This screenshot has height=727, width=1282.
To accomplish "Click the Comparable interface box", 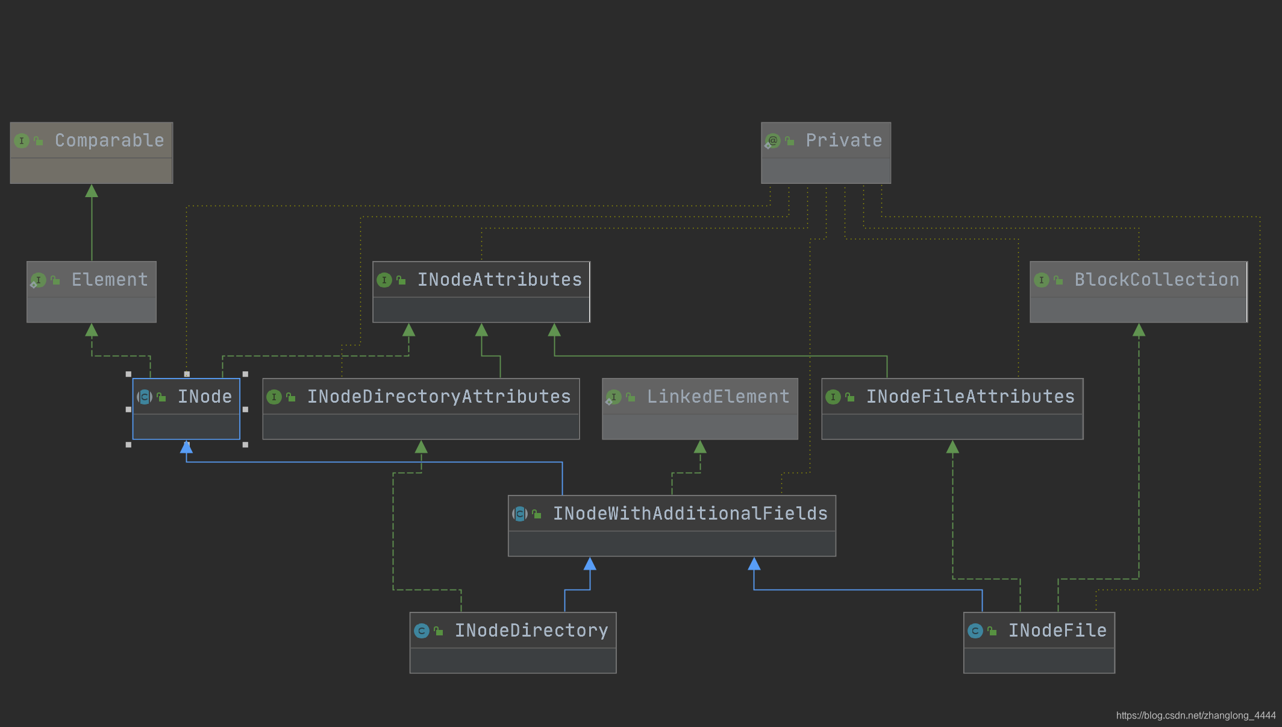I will (92, 153).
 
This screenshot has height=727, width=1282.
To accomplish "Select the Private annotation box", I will (825, 153).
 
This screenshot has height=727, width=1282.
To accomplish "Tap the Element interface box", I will (92, 292).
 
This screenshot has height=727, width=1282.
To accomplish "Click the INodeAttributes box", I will (481, 292).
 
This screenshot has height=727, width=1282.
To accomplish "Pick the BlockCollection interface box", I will (1138, 292).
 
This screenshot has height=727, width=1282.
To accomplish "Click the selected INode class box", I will (186, 409).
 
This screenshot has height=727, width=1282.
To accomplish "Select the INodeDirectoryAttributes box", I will (421, 409).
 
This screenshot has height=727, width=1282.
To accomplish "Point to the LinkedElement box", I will (699, 409).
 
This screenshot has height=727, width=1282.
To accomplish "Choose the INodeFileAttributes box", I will (952, 409).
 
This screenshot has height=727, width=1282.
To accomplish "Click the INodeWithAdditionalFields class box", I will (672, 526).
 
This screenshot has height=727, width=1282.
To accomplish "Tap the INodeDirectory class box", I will (513, 643).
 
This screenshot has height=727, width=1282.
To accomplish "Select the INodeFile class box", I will (1039, 643).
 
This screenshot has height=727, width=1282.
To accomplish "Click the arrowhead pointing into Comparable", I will (92, 191).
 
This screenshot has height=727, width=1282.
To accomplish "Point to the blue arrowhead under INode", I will (186, 447).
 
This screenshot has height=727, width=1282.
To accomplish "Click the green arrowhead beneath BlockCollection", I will (1139, 330).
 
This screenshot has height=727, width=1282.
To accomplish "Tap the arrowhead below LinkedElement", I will (700, 447).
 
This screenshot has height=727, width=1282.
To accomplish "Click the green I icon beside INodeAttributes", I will (384, 280).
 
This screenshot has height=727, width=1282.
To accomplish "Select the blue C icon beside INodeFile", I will (975, 631).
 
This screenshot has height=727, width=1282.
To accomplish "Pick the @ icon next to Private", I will (772, 141).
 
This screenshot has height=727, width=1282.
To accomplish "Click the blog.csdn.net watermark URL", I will (1195, 716).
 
